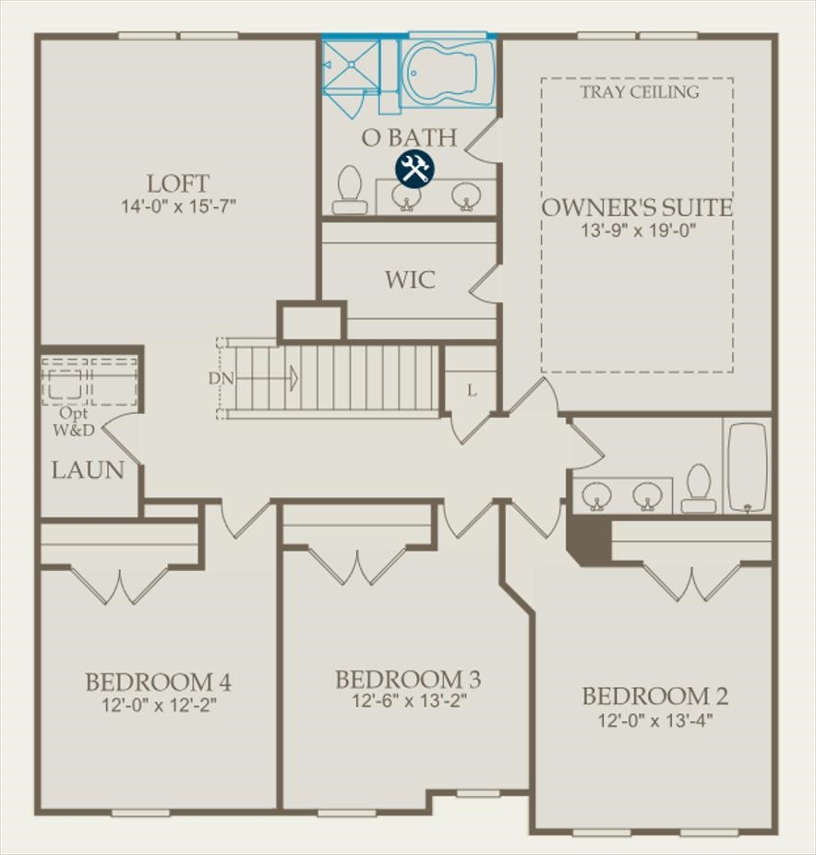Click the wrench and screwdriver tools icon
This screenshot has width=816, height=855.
(x=414, y=169)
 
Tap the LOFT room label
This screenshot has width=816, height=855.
(x=178, y=183)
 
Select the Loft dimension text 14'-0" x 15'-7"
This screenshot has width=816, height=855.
(x=178, y=206)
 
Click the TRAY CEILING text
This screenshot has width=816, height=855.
(x=640, y=92)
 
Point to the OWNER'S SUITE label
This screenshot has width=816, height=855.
(x=637, y=208)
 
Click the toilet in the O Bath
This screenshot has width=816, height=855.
(x=350, y=189)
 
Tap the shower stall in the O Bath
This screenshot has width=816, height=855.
(x=350, y=65)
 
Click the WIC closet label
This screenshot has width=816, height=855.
(x=410, y=279)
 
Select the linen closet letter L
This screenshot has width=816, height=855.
(x=472, y=390)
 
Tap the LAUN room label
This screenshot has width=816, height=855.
(x=88, y=469)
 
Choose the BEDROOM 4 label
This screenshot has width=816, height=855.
(x=158, y=683)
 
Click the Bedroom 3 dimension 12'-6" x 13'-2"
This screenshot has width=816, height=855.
(x=409, y=701)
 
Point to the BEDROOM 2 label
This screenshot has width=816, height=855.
(x=654, y=696)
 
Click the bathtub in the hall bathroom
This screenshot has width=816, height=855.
(x=747, y=467)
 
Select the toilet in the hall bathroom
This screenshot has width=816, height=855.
(x=699, y=488)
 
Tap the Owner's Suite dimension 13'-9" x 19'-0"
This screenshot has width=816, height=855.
(x=637, y=231)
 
